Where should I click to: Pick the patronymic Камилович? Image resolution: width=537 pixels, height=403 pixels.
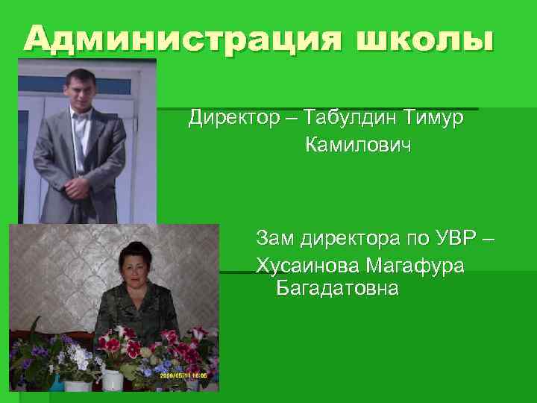pos(358,146)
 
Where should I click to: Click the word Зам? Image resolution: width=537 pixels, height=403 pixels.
pos(274,240)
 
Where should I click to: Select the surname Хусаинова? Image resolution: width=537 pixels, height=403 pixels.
pos(313,266)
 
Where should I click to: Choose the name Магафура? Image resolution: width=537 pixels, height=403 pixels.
pos(421,266)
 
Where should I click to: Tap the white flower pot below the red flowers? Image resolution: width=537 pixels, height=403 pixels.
pos(113,378)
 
